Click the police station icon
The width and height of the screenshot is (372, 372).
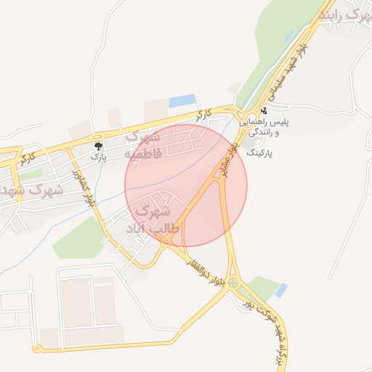click(x=263, y=111)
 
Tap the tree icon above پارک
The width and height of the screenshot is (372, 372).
click(x=98, y=146)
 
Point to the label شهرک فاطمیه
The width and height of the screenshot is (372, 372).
click(x=142, y=145)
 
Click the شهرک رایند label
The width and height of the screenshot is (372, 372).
click(x=344, y=14)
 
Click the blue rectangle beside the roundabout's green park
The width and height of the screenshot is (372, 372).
click(x=280, y=291)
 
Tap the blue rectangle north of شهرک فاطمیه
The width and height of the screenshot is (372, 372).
click(x=182, y=101)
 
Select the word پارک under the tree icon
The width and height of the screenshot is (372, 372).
click(x=98, y=156)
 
